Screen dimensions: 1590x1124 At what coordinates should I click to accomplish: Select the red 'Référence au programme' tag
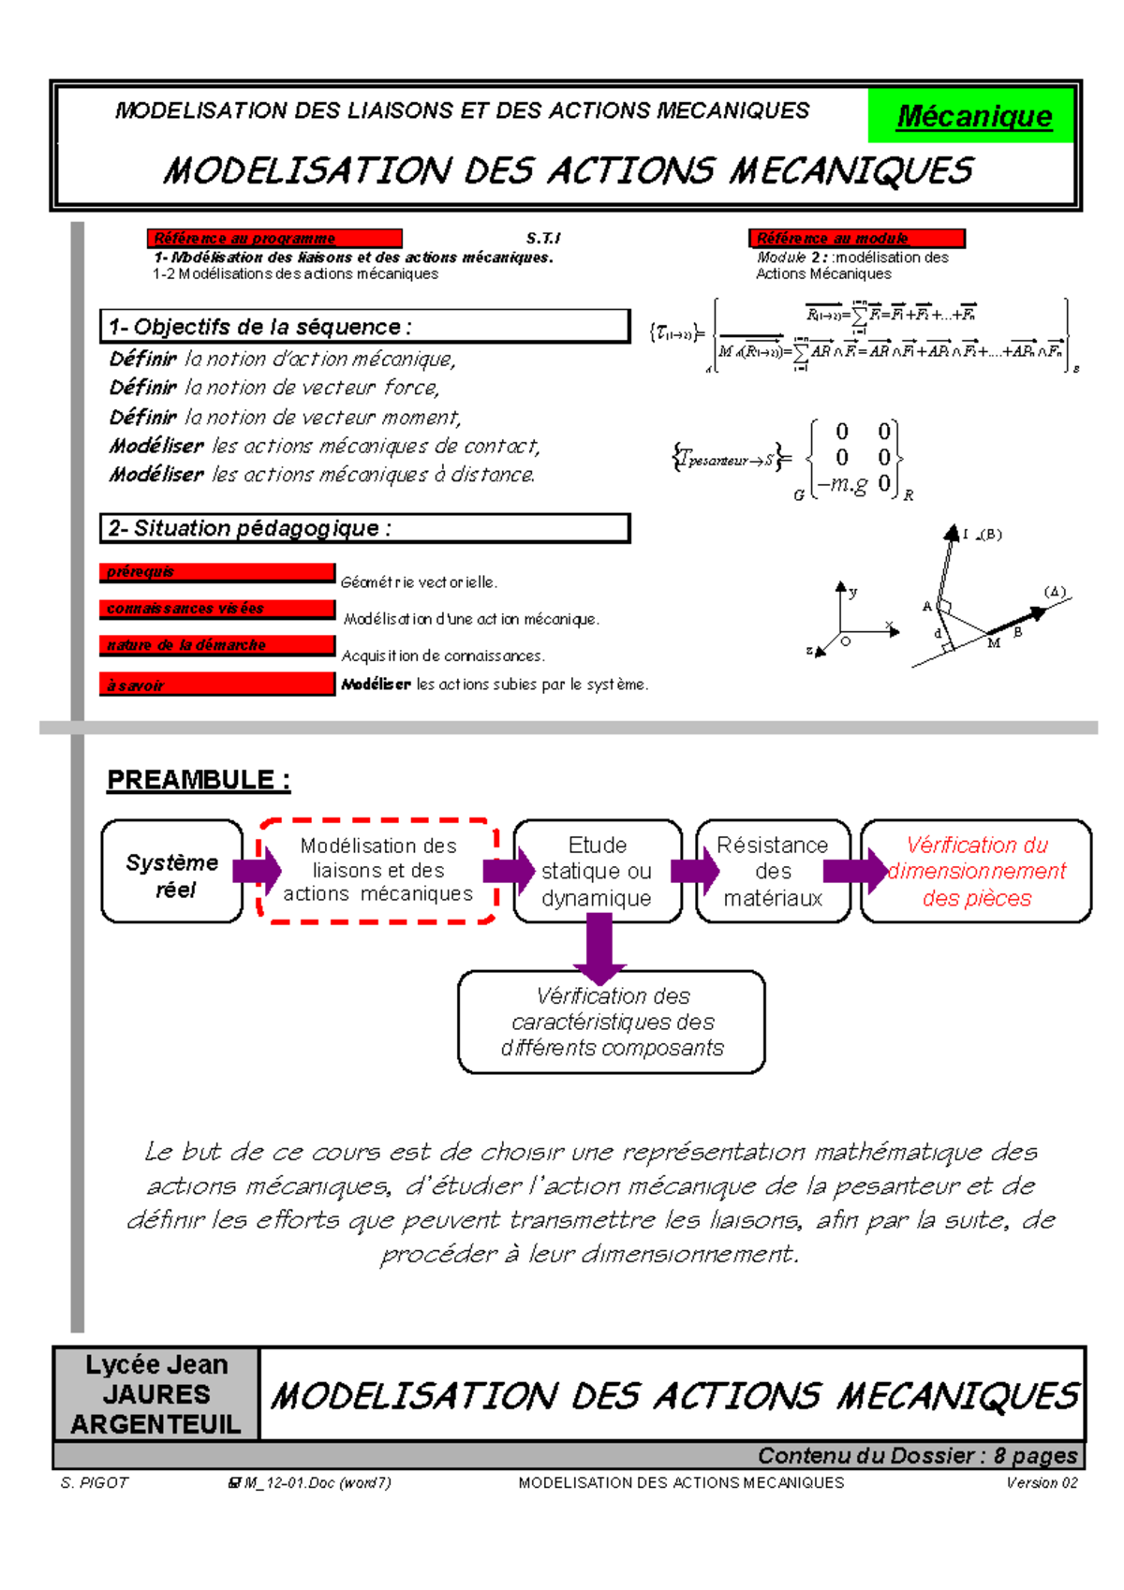[274, 239]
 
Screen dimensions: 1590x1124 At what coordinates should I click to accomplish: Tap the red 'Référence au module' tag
[855, 239]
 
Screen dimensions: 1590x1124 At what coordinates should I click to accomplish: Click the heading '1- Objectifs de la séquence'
[364, 327]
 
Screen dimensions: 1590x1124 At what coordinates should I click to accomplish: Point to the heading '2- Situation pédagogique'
[364, 528]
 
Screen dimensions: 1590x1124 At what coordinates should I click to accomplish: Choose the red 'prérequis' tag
[216, 572]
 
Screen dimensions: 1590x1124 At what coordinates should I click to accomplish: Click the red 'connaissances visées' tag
[216, 609]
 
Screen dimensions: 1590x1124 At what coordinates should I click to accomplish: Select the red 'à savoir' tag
[216, 685]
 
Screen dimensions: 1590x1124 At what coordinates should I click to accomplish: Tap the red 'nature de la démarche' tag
[216, 645]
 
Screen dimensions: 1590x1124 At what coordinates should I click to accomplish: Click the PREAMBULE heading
[199, 780]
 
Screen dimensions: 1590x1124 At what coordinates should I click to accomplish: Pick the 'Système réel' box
[171, 872]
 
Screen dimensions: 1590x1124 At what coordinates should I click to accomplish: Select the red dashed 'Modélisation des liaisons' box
[377, 871]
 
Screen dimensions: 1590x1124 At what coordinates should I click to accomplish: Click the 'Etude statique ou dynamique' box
[598, 872]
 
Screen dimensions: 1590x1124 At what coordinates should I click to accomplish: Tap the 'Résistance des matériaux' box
[773, 872]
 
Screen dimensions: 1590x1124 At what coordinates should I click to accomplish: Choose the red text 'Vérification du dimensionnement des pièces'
[976, 872]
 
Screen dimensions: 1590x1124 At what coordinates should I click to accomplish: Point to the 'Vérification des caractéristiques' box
[612, 1022]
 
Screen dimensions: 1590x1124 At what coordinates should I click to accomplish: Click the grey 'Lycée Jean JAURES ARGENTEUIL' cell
[156, 1394]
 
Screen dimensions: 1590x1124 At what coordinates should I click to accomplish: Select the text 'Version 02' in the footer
[1042, 1483]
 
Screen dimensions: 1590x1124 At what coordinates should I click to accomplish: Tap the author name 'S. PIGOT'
[94, 1483]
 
